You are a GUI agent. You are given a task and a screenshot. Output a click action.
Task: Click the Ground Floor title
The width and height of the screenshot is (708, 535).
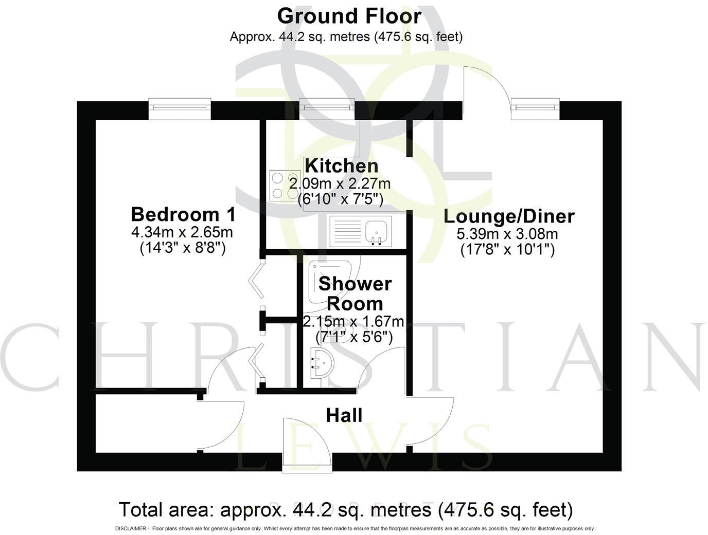349,16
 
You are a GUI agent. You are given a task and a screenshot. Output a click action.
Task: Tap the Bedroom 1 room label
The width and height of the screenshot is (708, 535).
183,214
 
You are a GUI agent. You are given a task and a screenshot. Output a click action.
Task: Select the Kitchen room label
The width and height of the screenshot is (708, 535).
342,166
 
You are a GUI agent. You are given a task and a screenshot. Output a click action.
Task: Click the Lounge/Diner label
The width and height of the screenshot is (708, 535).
509,216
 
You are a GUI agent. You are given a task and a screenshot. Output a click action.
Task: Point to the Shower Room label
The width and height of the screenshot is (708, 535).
355,293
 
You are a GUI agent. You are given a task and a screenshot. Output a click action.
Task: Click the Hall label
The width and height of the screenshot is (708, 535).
344,415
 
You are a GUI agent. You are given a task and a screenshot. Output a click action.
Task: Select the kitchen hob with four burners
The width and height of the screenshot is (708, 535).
285,185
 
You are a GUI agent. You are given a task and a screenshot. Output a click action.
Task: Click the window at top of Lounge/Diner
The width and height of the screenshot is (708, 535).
535,108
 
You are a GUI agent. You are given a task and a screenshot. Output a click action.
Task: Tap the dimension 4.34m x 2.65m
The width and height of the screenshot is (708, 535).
182,232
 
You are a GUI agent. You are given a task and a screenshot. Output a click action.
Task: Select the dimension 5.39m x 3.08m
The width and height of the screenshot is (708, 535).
507,234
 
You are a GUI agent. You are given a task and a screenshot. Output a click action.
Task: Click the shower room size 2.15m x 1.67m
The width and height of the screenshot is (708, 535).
353,322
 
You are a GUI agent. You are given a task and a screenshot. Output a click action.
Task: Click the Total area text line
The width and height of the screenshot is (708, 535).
345,510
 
